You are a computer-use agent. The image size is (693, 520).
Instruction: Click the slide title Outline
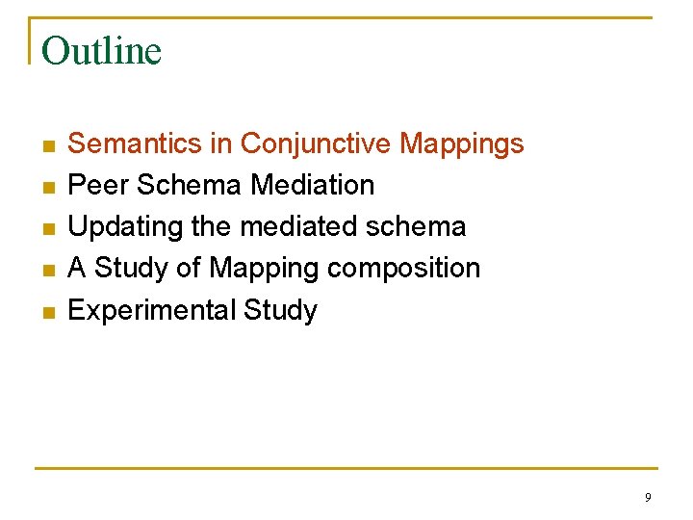102,51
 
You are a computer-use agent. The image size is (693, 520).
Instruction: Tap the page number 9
648,498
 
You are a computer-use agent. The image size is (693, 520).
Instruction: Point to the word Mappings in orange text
462,144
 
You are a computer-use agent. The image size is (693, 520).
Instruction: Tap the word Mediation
317,185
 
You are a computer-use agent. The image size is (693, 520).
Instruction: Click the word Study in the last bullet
280,310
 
